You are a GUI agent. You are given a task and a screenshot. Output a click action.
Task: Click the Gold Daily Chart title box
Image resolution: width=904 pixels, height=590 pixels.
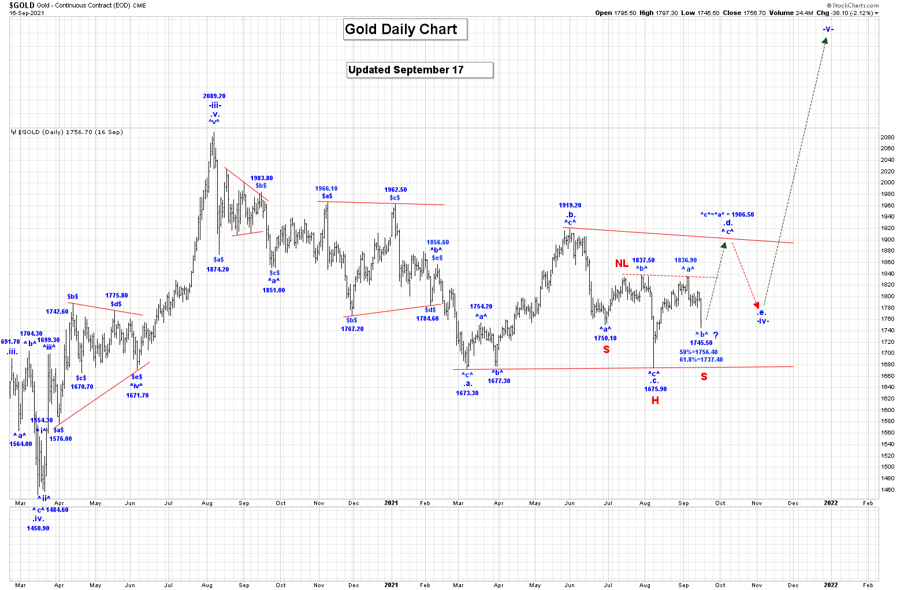(x=404, y=29)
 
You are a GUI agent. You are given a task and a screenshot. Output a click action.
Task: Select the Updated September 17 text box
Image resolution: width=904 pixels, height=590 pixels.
(x=419, y=70)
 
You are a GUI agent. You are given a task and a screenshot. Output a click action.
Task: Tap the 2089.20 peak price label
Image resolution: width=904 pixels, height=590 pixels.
(x=214, y=97)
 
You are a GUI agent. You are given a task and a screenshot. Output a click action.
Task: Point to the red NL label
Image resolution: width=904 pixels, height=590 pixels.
(x=622, y=264)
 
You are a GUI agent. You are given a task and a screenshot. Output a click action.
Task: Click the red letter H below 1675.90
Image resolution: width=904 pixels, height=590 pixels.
(x=655, y=400)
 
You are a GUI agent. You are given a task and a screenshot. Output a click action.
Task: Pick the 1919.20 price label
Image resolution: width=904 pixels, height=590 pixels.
(x=570, y=205)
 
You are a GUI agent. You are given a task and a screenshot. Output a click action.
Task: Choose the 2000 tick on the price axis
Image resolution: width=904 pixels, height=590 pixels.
(x=887, y=183)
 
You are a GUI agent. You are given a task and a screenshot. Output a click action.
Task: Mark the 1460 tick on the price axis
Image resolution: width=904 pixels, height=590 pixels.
(x=887, y=490)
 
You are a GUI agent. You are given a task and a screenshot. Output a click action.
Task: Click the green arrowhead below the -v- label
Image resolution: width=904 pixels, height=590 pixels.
(x=825, y=41)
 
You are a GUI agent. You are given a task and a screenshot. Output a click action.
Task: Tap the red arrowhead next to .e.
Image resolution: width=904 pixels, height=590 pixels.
(x=756, y=305)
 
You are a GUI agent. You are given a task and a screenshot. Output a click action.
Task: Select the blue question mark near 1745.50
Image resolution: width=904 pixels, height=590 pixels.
(x=716, y=335)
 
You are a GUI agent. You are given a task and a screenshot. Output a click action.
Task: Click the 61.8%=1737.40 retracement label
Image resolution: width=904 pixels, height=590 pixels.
(x=701, y=359)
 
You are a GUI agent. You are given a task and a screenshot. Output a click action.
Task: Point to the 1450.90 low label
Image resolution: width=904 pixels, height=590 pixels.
(x=38, y=528)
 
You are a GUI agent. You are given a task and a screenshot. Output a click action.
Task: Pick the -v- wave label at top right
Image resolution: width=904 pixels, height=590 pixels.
(x=828, y=29)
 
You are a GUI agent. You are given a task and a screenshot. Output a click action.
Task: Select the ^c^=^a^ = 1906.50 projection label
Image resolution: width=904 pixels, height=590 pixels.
(x=727, y=214)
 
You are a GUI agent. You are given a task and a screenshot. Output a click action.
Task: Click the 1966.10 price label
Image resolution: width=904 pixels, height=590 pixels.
(x=326, y=188)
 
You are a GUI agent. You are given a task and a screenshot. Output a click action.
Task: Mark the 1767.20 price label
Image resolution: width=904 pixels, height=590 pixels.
(x=352, y=329)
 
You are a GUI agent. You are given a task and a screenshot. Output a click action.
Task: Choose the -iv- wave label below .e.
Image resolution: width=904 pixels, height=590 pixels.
(x=763, y=321)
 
